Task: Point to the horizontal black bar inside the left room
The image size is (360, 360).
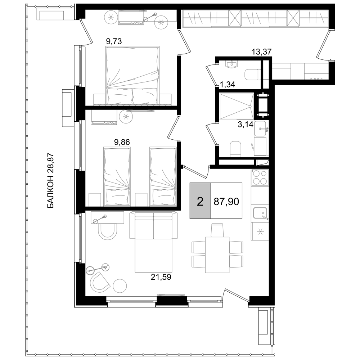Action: click(126, 143)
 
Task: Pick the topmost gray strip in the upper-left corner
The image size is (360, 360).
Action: click(140, 17)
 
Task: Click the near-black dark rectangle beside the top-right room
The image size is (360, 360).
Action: click(281, 74)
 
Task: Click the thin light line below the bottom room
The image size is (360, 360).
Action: click(190, 295)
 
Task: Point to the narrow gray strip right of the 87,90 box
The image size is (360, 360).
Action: click(259, 194)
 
